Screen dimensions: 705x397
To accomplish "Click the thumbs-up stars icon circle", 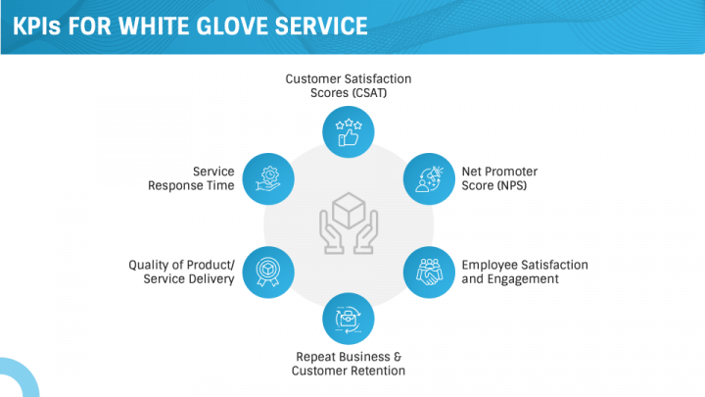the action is [x=348, y=132].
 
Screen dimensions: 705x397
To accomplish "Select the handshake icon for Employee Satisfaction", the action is [x=429, y=272].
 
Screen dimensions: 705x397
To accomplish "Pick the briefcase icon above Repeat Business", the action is [x=348, y=319].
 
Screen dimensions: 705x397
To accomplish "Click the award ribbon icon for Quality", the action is [x=268, y=272].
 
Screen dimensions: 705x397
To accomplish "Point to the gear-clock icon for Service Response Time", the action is [x=268, y=178].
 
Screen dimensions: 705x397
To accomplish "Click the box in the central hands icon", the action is [x=349, y=210].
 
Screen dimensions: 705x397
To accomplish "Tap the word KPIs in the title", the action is [x=36, y=26].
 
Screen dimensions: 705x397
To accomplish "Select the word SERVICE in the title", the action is [x=321, y=26].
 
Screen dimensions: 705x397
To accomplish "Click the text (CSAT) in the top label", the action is [x=369, y=93].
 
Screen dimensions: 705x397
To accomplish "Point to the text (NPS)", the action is [x=511, y=185].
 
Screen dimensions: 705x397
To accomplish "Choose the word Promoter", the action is [x=512, y=172].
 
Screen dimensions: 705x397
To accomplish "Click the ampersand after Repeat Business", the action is [x=398, y=357].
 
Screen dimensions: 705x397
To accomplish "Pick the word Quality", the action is [x=150, y=266].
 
